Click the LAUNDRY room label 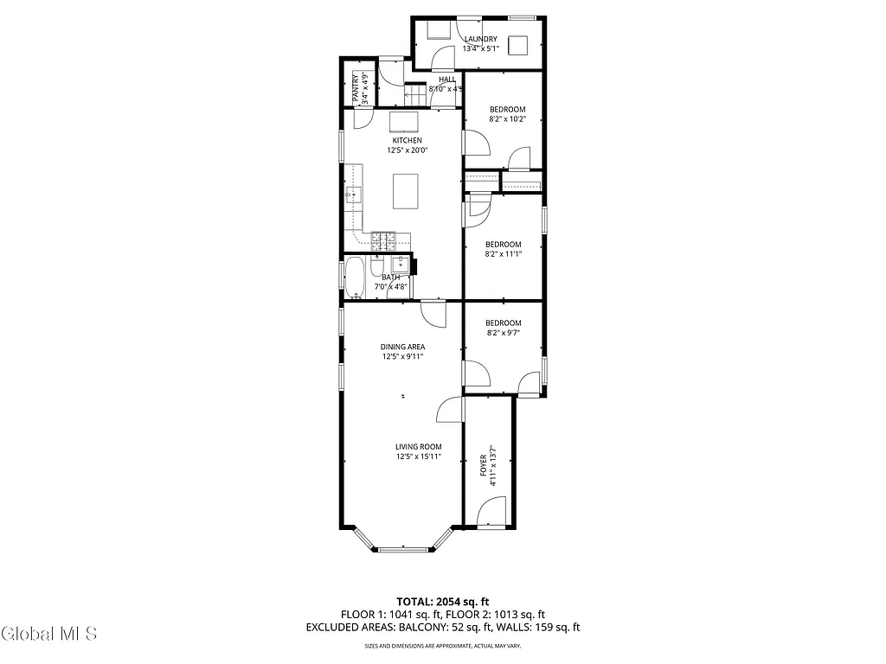480,39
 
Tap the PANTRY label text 355,88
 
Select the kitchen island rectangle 409,191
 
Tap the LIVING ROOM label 419,446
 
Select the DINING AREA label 402,347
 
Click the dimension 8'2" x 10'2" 507,119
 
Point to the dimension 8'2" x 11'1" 503,254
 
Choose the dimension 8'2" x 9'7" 503,333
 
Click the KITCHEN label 407,140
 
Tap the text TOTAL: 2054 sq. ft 443,601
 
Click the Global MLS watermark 48,634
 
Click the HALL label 446,80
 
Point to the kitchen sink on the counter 353,195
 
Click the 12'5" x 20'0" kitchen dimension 407,150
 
